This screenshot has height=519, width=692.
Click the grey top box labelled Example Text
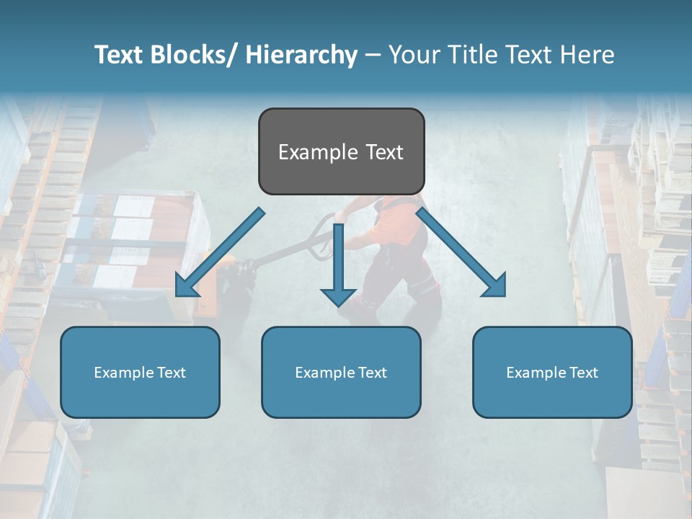pos(341,151)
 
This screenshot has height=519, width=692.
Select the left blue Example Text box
pos(140,372)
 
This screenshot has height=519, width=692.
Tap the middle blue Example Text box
pos(341,372)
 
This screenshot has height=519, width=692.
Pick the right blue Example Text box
pos(552,372)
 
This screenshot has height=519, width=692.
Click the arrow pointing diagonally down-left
pos(219,253)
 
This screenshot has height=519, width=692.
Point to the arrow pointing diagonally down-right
pos(461,253)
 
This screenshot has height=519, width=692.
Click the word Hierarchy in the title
pos(301,55)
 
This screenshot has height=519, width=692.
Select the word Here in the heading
pos(589,55)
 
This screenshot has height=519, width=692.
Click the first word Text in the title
pos(122,55)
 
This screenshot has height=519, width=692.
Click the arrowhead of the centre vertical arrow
pos(338,296)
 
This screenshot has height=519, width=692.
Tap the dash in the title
pos(372,56)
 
